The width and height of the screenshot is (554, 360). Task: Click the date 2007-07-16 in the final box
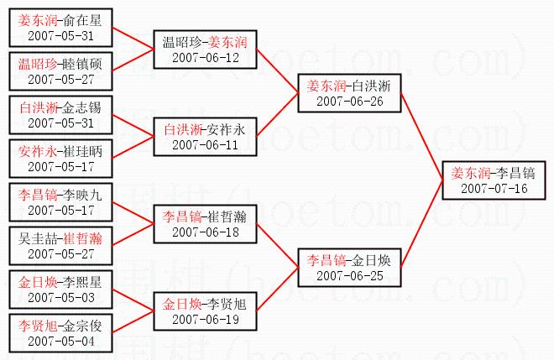click(x=494, y=188)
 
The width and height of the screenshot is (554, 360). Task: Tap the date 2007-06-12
click(x=206, y=57)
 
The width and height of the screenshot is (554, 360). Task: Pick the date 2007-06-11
click(x=206, y=144)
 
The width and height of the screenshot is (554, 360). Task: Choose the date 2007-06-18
click(x=206, y=232)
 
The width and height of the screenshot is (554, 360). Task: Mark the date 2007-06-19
click(x=206, y=319)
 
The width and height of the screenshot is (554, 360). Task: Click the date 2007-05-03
click(x=60, y=297)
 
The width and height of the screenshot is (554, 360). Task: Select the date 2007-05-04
click(x=60, y=341)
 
